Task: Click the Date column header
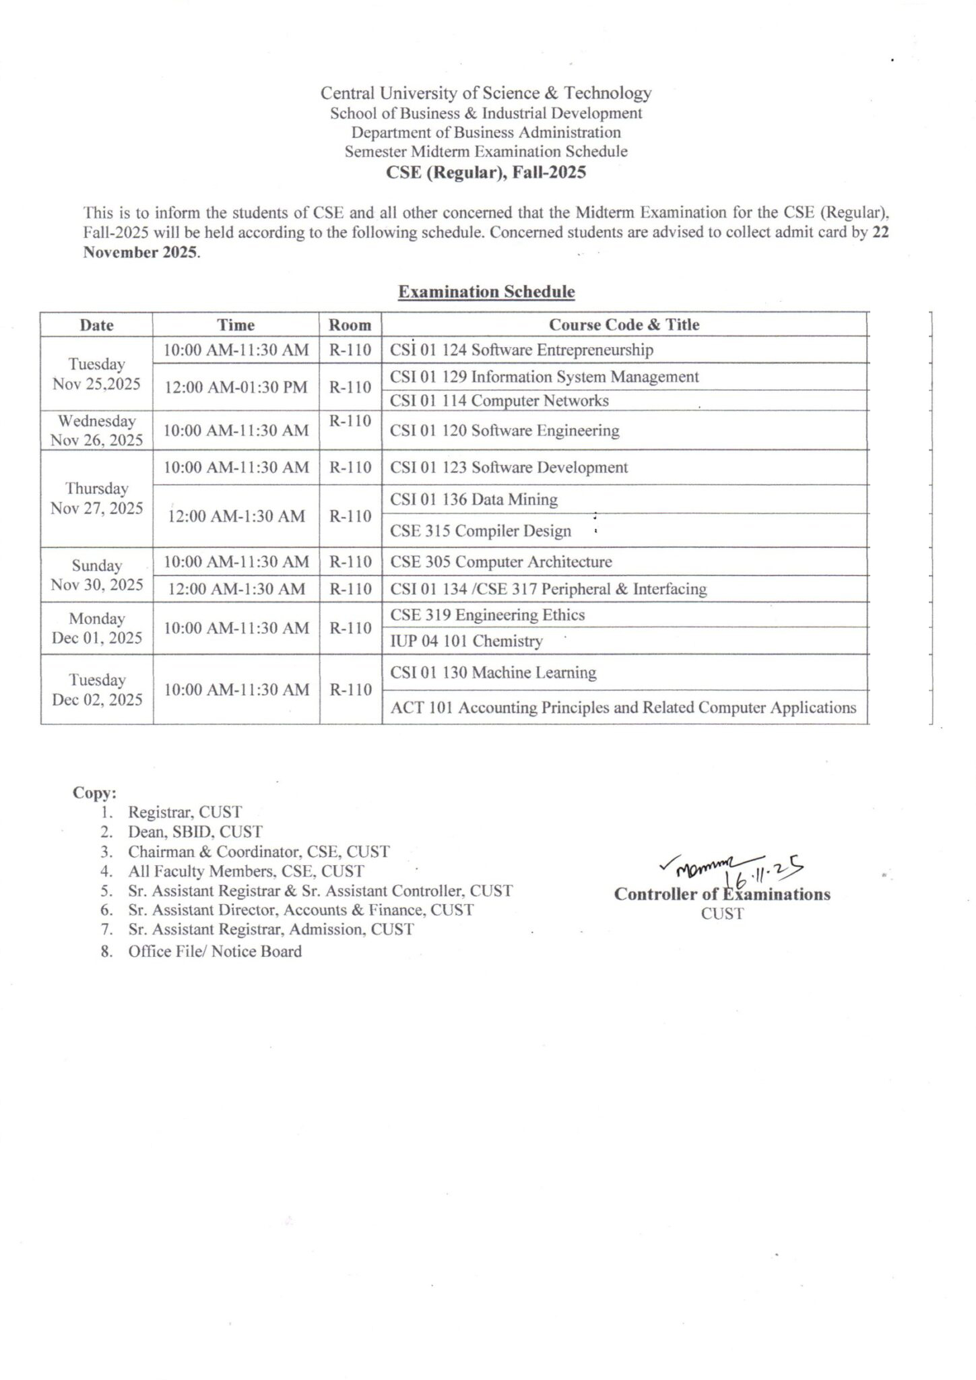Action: point(96,325)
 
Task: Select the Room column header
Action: point(350,325)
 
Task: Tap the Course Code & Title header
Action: point(624,325)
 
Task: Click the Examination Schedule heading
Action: point(486,292)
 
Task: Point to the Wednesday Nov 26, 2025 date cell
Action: point(96,431)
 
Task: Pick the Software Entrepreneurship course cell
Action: point(521,350)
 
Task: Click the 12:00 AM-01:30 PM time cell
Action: point(236,387)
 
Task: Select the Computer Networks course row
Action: point(499,401)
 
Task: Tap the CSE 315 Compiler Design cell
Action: point(480,531)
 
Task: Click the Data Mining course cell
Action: point(474,499)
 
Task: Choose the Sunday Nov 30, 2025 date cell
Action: point(96,575)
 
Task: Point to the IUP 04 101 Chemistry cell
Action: point(466,641)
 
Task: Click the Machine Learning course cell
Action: point(493,672)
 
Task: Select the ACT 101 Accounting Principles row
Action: point(623,708)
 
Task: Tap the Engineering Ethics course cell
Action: point(487,615)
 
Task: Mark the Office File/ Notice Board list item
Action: point(214,951)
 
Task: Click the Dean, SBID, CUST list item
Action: point(195,832)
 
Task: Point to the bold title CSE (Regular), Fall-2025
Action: point(486,172)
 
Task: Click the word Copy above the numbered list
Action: point(94,792)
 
